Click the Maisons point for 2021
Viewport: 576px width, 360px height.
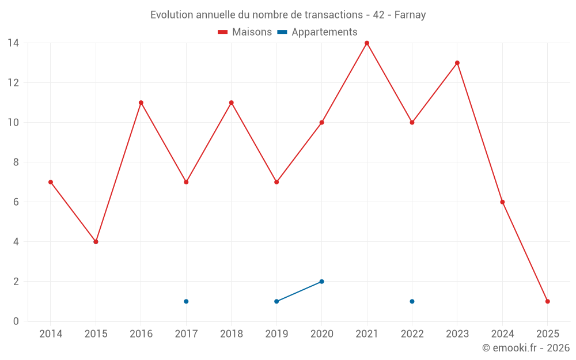point(367,43)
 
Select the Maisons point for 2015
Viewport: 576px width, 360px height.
point(96,242)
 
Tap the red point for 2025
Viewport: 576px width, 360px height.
point(547,301)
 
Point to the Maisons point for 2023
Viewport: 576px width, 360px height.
point(457,63)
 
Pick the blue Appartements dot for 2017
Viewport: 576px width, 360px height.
point(186,301)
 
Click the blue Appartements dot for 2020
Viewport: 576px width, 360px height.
point(321,282)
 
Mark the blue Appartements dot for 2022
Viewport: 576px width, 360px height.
point(412,301)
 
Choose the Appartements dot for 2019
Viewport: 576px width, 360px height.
point(276,301)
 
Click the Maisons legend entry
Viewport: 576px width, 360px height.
point(245,32)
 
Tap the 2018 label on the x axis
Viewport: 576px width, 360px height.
point(231,334)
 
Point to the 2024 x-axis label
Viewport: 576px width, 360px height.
point(502,334)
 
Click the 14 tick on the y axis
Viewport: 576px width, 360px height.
point(13,43)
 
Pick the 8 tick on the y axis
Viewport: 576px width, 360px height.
point(16,162)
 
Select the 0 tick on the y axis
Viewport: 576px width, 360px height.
point(16,321)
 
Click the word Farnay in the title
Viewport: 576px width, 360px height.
point(410,15)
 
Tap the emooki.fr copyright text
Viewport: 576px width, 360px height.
point(526,348)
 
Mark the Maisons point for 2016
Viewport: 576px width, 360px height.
point(141,103)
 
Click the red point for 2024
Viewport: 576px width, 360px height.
point(502,202)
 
